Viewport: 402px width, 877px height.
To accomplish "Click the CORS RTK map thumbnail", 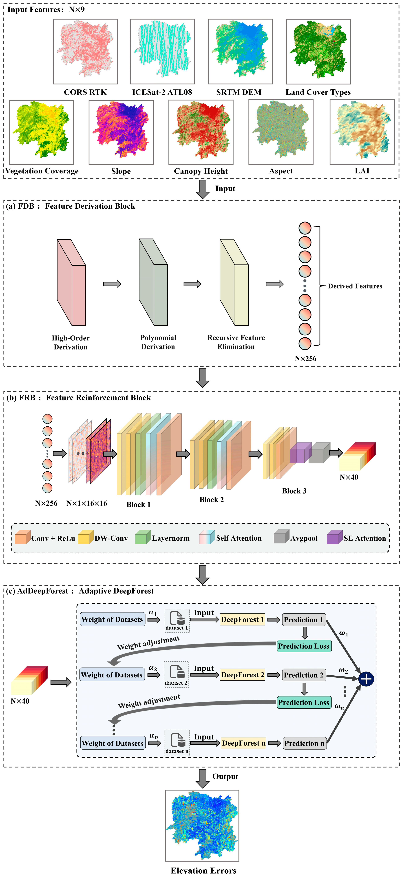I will (85, 51).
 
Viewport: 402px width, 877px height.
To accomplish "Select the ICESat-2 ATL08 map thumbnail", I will (162, 51).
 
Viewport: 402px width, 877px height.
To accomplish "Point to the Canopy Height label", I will (201, 171).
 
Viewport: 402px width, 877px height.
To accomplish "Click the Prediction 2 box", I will (303, 675).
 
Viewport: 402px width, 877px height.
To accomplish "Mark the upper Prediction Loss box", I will (304, 646).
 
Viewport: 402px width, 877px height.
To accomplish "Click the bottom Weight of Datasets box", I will (113, 743).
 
